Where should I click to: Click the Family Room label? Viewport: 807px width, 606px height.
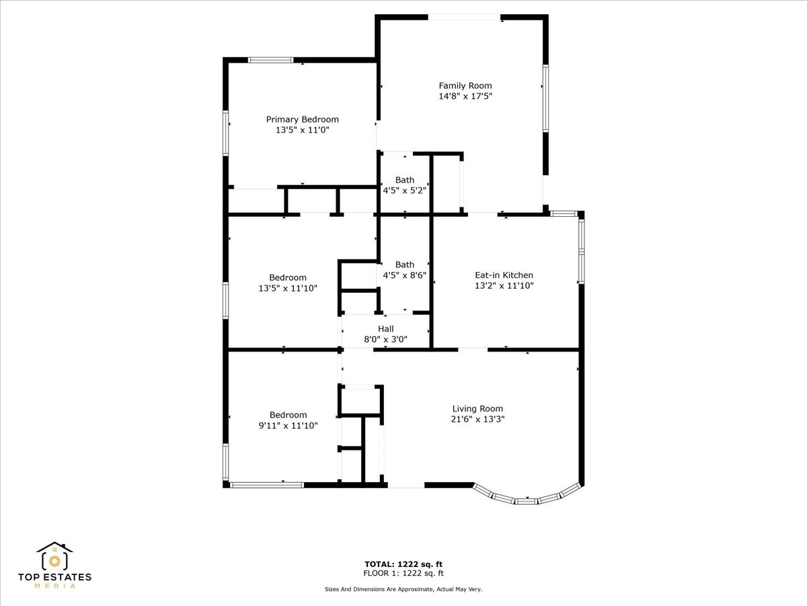(465, 86)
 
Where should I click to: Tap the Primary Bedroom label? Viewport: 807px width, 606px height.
(302, 119)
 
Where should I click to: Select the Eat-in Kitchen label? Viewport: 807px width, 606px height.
(504, 275)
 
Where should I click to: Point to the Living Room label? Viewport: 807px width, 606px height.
(477, 409)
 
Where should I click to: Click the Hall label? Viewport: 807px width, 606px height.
(385, 329)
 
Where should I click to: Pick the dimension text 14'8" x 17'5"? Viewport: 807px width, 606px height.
(465, 96)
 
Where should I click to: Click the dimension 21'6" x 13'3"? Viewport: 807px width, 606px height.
(477, 419)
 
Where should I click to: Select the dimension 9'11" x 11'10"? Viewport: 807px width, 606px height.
(289, 426)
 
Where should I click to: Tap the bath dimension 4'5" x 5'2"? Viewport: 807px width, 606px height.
(405, 191)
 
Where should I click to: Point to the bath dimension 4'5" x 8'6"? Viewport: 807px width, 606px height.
(405, 275)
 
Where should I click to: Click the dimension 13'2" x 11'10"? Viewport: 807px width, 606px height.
(504, 285)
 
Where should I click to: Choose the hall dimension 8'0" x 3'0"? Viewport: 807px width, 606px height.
(385, 339)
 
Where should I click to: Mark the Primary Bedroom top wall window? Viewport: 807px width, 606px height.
(270, 60)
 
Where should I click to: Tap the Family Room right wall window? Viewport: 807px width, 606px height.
(545, 98)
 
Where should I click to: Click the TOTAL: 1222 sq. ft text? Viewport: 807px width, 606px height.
(403, 564)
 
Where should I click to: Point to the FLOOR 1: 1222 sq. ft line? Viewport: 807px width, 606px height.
(403, 574)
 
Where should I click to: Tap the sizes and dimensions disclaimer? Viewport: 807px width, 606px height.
(403, 589)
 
